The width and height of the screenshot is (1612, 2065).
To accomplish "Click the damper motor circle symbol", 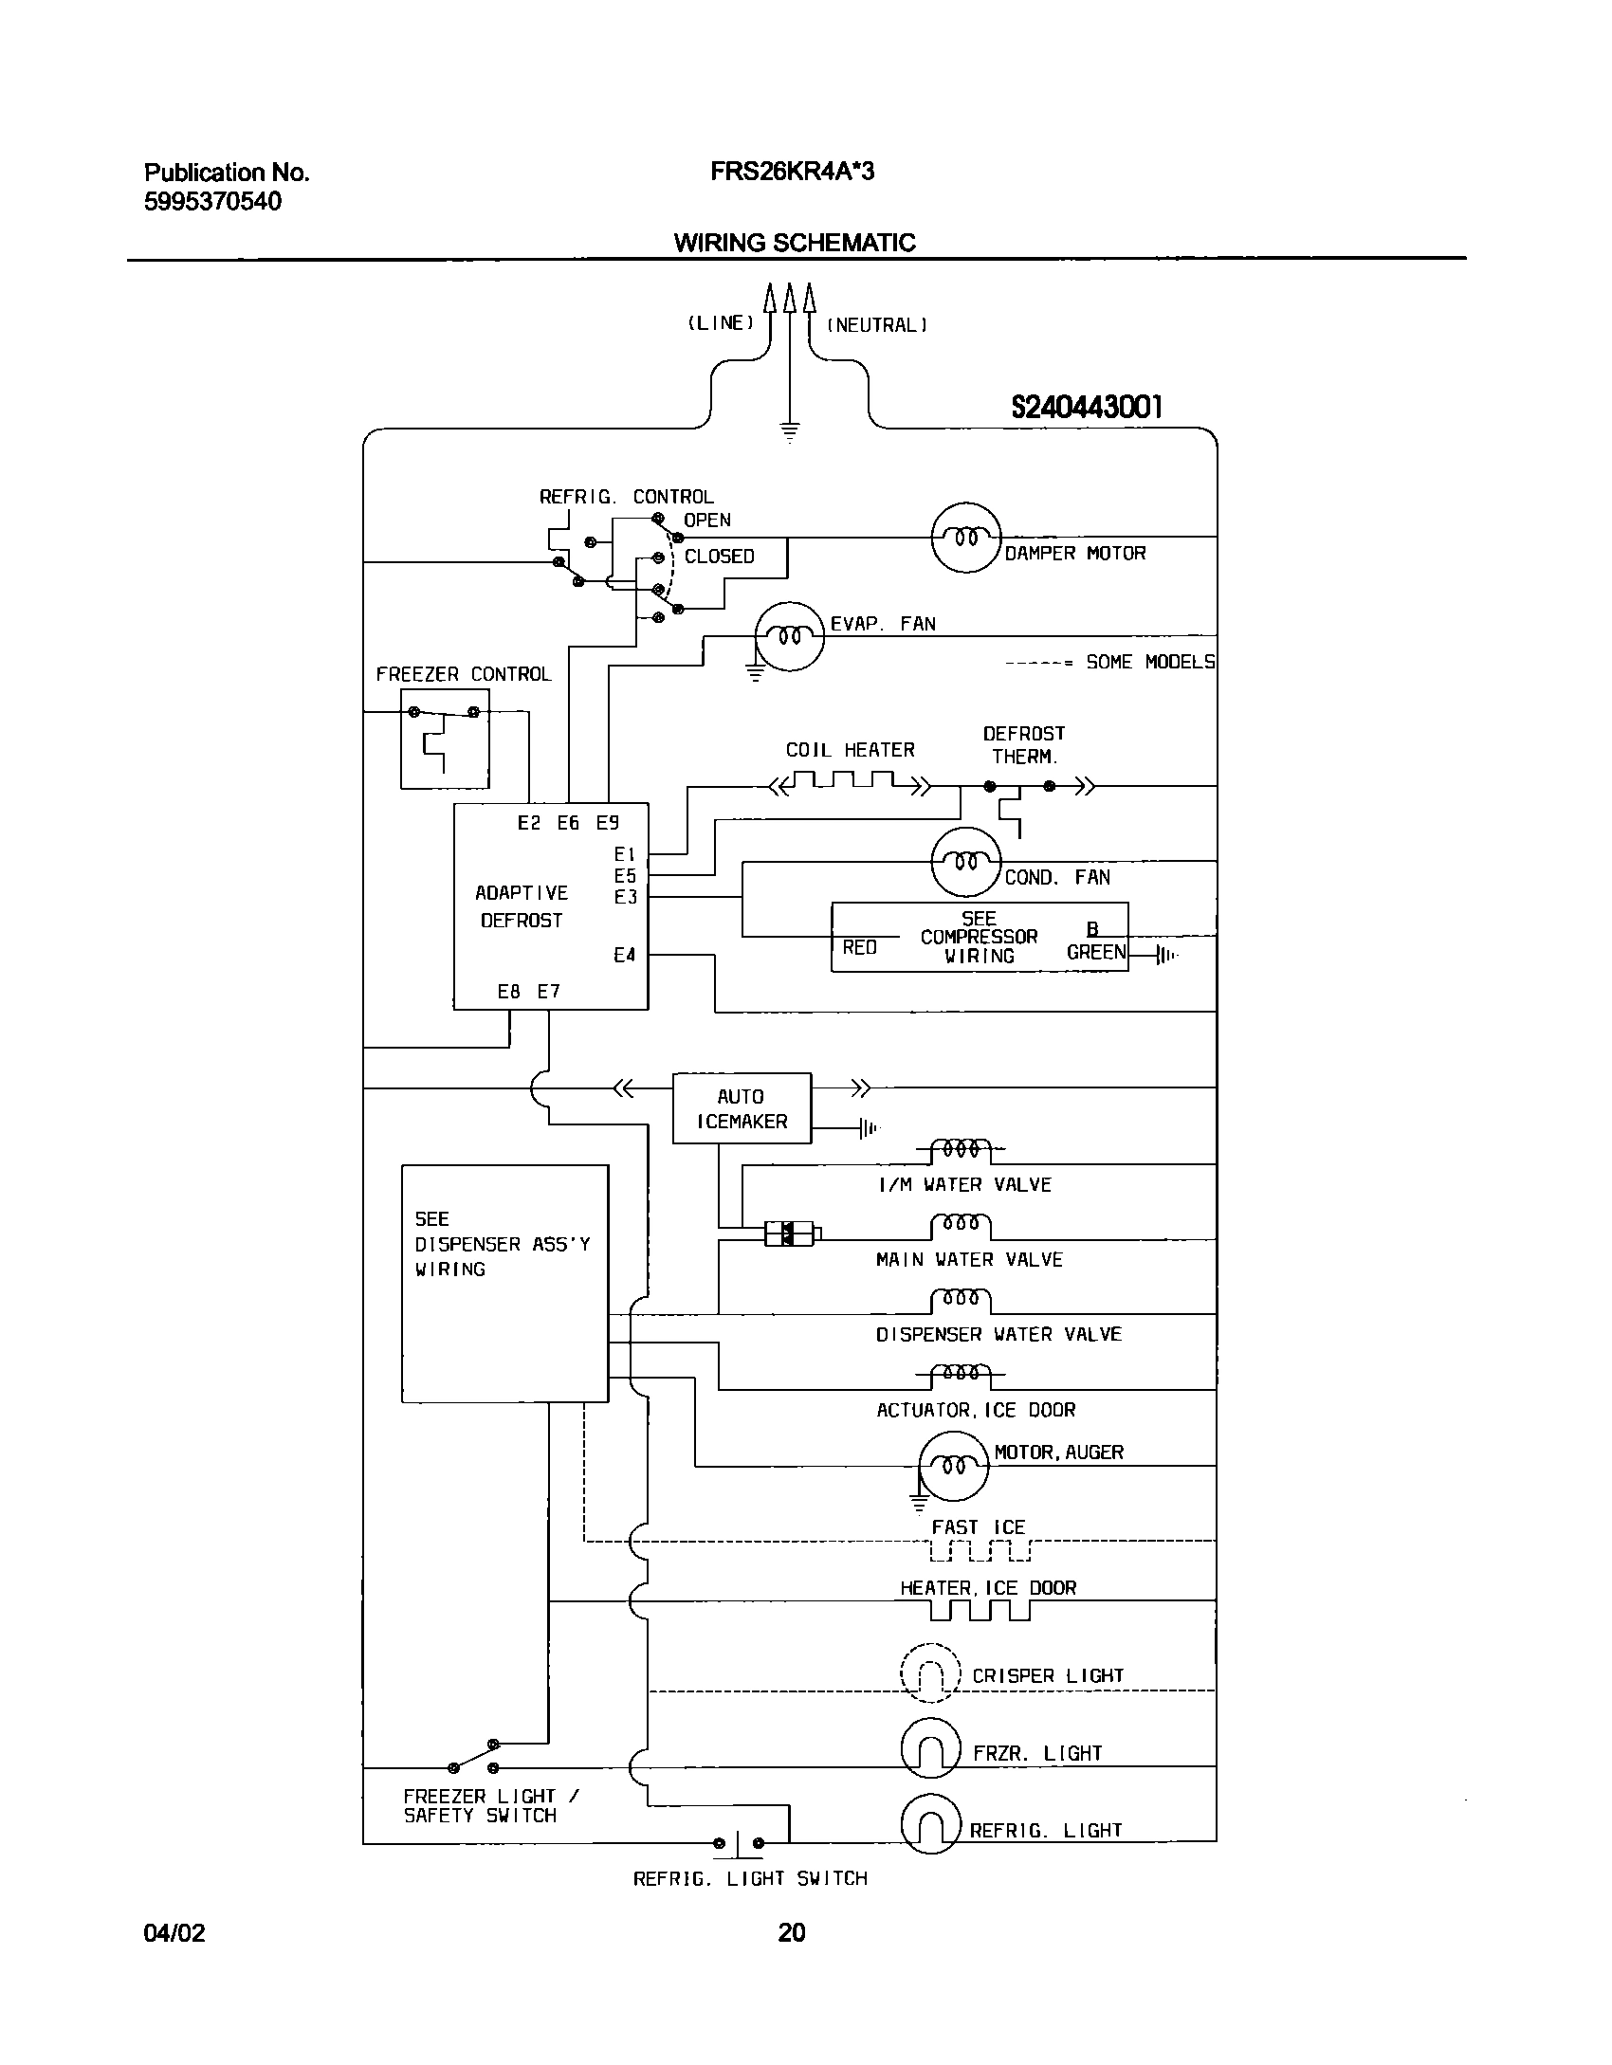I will pos(965,538).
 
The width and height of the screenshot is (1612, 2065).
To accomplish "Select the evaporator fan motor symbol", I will pos(789,636).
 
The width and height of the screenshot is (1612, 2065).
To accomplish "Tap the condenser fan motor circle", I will pos(965,861).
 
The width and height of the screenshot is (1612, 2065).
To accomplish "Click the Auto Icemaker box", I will pos(742,1108).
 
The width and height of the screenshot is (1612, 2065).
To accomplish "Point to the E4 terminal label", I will pos(624,955).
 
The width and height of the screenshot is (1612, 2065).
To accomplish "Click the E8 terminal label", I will pos(508,992).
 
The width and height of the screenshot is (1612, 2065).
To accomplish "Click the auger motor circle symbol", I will pos(953,1466).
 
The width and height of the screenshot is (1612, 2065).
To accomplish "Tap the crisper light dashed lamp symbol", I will pos(930,1675).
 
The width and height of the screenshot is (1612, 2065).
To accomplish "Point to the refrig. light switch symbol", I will pos(739,1843).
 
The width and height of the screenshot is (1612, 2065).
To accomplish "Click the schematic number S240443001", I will pos(1086,408).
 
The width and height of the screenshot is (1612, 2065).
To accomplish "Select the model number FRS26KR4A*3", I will pos(792,172).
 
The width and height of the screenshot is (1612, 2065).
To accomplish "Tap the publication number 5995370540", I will pos(212,202).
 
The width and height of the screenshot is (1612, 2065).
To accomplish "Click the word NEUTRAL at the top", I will pos(877,325).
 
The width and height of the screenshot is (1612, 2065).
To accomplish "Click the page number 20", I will pos(791,1932).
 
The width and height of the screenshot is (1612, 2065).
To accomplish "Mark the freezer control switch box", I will pos(445,739).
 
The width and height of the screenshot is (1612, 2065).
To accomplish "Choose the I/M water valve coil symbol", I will pos(961,1150).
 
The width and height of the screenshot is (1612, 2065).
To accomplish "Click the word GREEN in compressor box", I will pos(1095,952).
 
